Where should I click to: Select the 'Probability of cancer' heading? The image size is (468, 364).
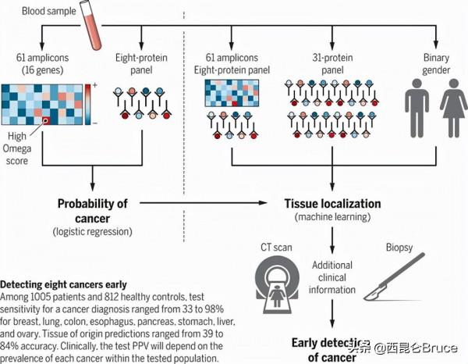91,210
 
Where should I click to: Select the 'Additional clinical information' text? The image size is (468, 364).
334,277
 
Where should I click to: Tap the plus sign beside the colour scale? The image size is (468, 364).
94,84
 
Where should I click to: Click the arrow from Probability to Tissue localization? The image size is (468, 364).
203,205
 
